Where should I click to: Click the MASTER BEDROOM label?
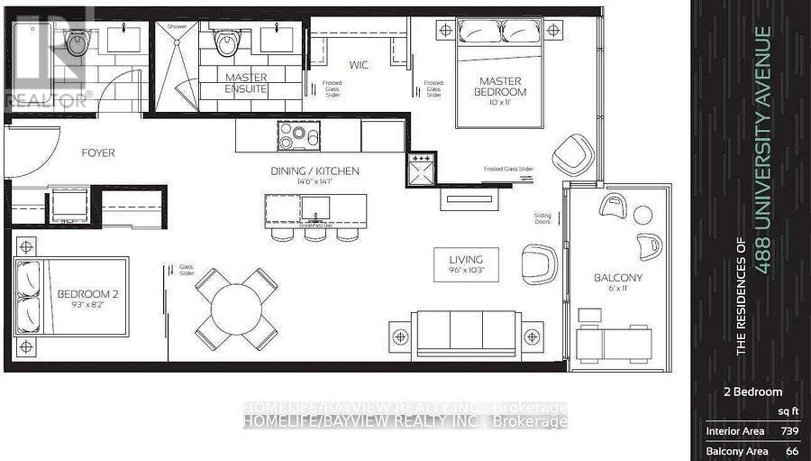tap(501, 87)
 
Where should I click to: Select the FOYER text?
tap(97, 153)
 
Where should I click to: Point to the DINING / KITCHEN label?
tap(315, 171)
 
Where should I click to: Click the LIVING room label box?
tap(466, 263)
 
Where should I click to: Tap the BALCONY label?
tap(617, 277)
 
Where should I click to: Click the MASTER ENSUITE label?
tap(246, 84)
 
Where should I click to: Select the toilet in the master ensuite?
tap(227, 41)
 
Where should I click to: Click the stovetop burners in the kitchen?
tap(299, 135)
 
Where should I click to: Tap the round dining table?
tap(236, 309)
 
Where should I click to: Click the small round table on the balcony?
tap(642, 215)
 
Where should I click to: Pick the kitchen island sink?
tap(316, 208)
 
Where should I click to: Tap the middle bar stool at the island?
tap(314, 234)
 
